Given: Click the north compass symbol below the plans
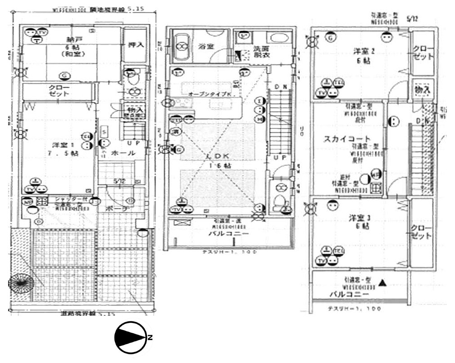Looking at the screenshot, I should pyautogui.click(x=131, y=337).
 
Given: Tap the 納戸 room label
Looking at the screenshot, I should pyautogui.click(x=70, y=39).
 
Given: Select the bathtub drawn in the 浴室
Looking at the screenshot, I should pyautogui.click(x=182, y=46).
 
